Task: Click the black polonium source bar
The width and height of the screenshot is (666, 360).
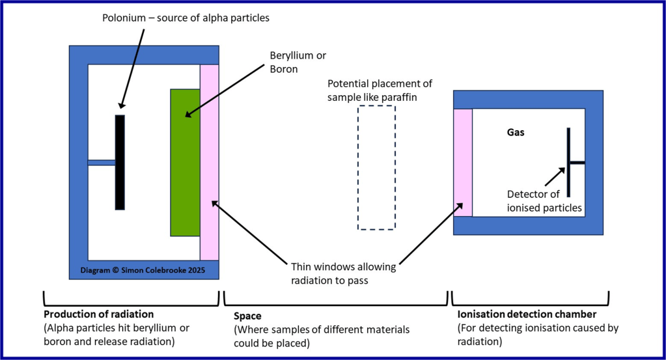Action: [x=120, y=162]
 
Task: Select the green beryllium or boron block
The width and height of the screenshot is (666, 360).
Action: [x=184, y=163]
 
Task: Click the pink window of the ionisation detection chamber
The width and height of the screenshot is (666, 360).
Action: [x=462, y=163]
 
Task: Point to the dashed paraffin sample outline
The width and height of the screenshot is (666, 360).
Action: [x=376, y=167]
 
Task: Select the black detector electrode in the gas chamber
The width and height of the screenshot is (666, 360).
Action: [x=568, y=162]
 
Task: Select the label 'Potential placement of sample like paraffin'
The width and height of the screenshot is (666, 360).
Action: [x=380, y=90]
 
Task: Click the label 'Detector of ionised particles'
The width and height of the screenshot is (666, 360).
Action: [x=544, y=201]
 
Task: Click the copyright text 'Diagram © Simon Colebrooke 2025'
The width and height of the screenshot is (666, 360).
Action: [x=143, y=270]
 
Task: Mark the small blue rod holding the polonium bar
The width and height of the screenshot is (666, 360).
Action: [x=101, y=162]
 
